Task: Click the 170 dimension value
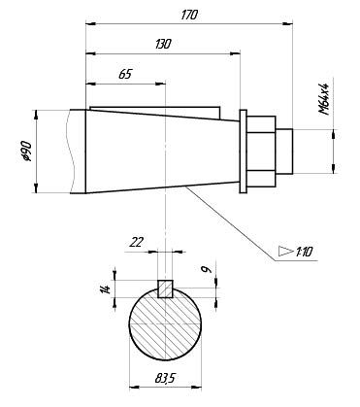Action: [189, 15]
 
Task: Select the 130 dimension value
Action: [163, 44]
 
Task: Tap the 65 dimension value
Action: [125, 74]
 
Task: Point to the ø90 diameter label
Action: [26, 152]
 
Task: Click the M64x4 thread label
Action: [323, 99]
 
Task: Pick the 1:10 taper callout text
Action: [304, 252]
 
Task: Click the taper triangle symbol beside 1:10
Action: [285, 251]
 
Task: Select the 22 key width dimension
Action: [136, 242]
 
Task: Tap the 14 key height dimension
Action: [106, 288]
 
